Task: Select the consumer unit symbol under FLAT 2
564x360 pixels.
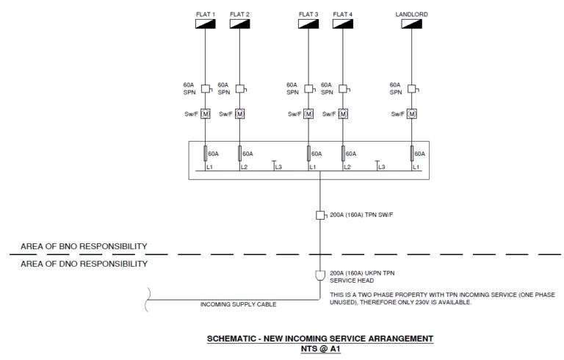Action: (x=239, y=24)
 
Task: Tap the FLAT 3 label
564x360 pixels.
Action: (x=308, y=14)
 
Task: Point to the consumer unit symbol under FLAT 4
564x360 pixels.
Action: (x=342, y=24)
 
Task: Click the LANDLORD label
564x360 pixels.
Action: (x=411, y=14)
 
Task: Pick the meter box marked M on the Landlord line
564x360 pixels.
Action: (x=411, y=114)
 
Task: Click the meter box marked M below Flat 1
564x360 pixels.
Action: (x=206, y=114)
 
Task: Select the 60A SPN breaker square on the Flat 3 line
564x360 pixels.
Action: (x=308, y=88)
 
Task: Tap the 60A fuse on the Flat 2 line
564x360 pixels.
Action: (x=239, y=154)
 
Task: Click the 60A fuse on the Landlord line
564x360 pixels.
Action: (x=411, y=154)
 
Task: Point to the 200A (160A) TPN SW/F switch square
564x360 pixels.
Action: (x=320, y=215)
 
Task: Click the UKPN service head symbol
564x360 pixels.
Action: (x=320, y=275)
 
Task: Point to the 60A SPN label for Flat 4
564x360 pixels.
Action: (x=328, y=89)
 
